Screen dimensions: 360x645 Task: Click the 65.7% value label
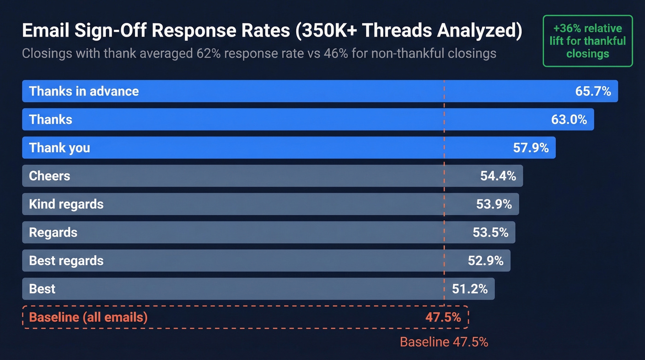(593, 91)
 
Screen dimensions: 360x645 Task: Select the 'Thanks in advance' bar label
(84, 91)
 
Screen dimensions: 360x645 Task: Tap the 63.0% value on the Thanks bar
(569, 119)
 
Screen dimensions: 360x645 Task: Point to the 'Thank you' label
(59, 148)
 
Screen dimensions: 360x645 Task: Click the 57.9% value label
(531, 148)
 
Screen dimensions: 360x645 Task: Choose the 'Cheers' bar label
(49, 176)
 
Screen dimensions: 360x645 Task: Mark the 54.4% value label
(498, 176)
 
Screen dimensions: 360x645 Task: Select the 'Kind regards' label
(66, 204)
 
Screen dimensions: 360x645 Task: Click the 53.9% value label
(494, 204)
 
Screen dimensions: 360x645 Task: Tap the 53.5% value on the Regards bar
(490, 232)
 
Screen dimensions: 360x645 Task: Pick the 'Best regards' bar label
(66, 260)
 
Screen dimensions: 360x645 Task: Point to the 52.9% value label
(486, 260)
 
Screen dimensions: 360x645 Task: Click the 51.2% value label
(469, 289)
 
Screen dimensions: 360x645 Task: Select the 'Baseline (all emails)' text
(88, 317)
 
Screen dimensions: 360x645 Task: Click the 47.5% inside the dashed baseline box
(443, 317)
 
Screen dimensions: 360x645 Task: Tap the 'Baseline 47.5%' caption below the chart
(444, 342)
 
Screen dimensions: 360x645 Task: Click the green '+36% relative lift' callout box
(587, 41)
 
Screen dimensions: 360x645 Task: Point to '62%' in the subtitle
(206, 53)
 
